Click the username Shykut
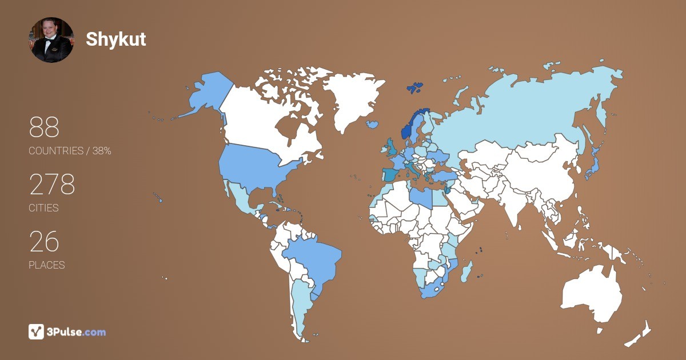pyautogui.click(x=116, y=39)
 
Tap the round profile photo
pyautogui.click(x=51, y=40)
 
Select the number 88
pyautogui.click(x=44, y=127)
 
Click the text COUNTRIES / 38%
pyautogui.click(x=70, y=151)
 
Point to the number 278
pyautogui.click(x=52, y=185)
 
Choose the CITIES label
pyautogui.click(x=43, y=208)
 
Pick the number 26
pyautogui.click(x=44, y=242)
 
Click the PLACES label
pyautogui.click(x=46, y=265)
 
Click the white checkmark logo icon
pyautogui.click(x=36, y=331)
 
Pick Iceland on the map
pyautogui.click(x=372, y=124)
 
